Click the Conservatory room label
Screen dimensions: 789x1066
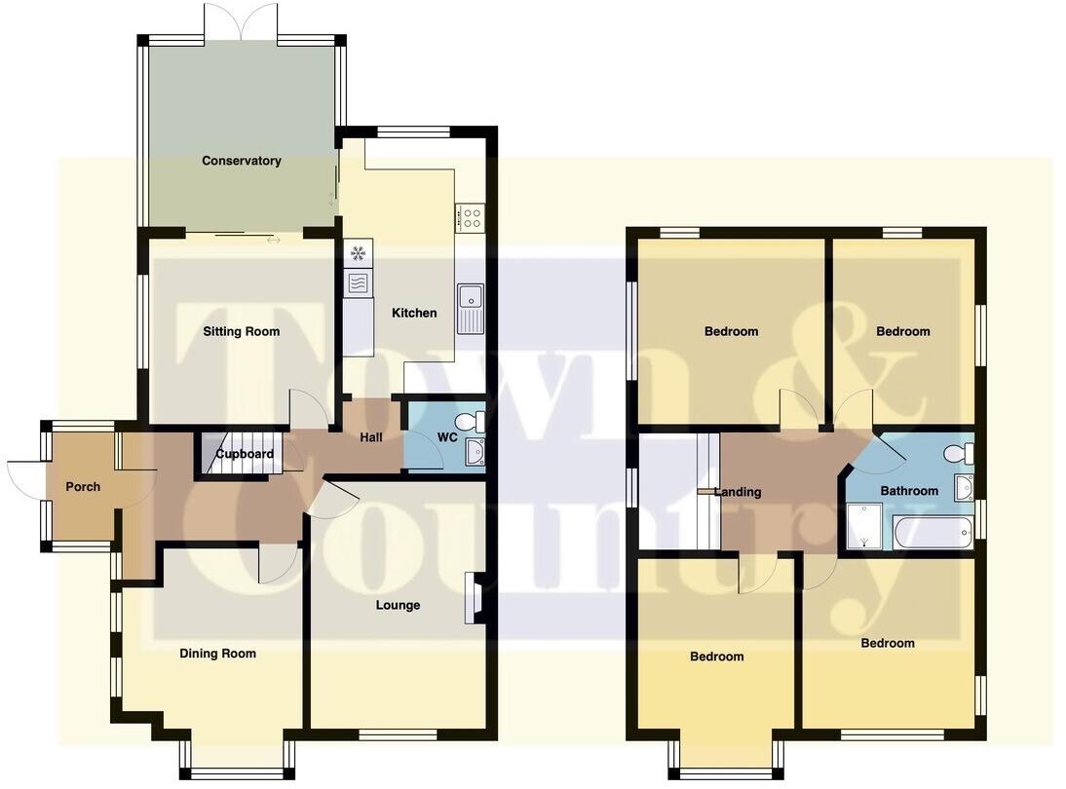point(241,161)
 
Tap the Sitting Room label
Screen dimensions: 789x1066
point(241,331)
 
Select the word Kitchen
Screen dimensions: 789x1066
point(414,313)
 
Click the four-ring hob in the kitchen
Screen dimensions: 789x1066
point(470,217)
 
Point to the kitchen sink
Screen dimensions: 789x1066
point(470,308)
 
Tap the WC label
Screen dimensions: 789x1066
point(447,437)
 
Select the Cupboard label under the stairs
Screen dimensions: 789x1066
point(245,454)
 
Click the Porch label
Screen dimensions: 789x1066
point(83,486)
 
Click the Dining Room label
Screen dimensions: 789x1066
point(217,654)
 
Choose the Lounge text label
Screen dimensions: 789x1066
point(398,605)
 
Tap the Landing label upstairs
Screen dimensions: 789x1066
point(738,492)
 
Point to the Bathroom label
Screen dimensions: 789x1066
point(909,491)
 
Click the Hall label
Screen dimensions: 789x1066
point(371,437)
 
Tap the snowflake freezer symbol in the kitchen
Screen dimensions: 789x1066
point(358,253)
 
